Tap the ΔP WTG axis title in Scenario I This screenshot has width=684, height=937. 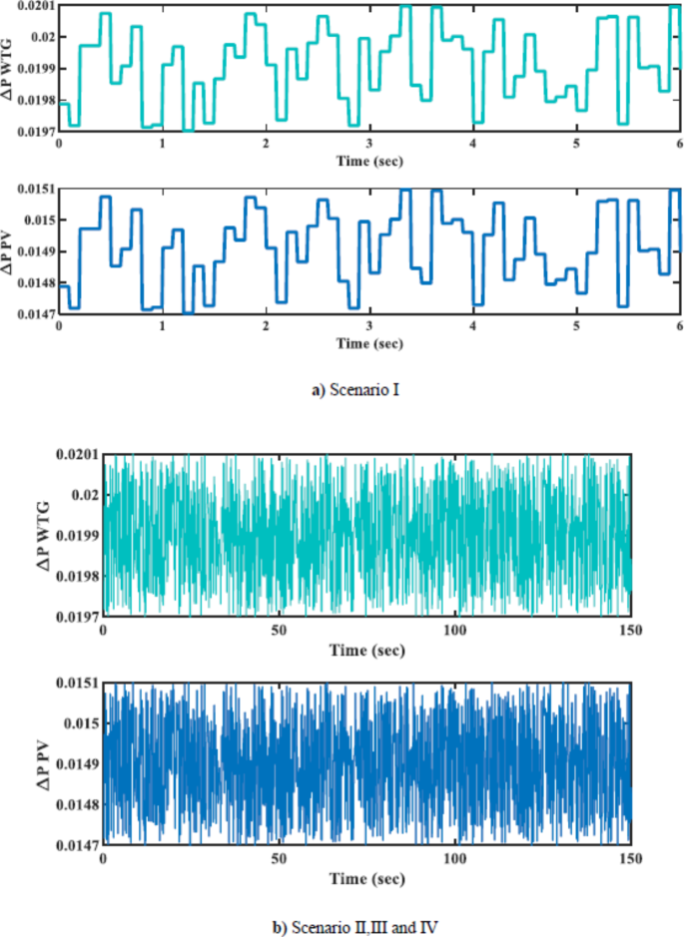pos(9,67)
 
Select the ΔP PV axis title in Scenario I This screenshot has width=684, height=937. pos(9,250)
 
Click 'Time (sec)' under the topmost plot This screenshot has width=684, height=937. pos(369,161)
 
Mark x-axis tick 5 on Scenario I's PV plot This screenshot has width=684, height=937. pos(576,327)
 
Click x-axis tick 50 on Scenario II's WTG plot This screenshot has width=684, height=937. pos(280,632)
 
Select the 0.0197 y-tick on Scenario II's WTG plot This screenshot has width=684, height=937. pos(80,618)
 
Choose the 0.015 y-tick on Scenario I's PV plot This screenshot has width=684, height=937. pos(41,220)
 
